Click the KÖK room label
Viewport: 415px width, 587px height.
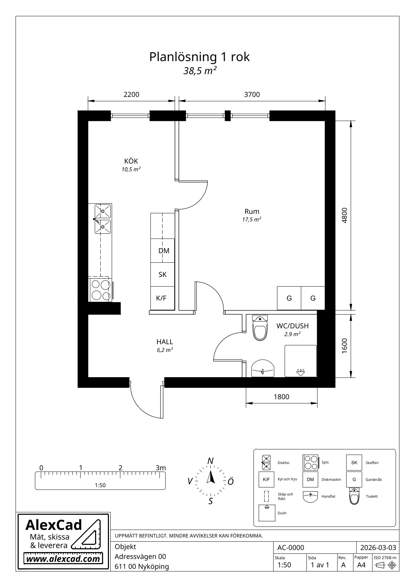coord(131,161)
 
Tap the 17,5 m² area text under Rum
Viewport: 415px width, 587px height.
coord(252,220)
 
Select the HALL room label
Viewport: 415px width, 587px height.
coord(165,342)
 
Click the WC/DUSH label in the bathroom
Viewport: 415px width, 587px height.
coord(293,326)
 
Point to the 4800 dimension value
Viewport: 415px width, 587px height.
coord(344,215)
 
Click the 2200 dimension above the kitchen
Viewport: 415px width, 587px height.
coord(131,94)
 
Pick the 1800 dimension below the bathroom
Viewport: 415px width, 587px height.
coord(282,397)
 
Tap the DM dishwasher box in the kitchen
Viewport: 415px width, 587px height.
coord(163,251)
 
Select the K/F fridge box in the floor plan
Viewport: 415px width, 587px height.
coord(163,298)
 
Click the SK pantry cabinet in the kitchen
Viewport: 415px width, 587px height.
coord(163,274)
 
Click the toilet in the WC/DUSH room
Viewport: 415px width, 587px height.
coord(260,328)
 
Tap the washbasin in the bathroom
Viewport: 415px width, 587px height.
coord(263,369)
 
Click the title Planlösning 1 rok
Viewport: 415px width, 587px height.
coord(200,57)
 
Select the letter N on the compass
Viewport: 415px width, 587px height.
coord(210,461)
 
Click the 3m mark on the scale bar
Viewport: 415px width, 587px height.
coord(161,468)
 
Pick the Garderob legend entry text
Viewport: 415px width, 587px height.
coord(373,479)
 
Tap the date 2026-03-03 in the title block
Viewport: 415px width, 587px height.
coord(378,548)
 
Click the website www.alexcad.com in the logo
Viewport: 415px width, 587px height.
coord(63,559)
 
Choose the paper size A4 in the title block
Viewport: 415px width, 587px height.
coord(361,565)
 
